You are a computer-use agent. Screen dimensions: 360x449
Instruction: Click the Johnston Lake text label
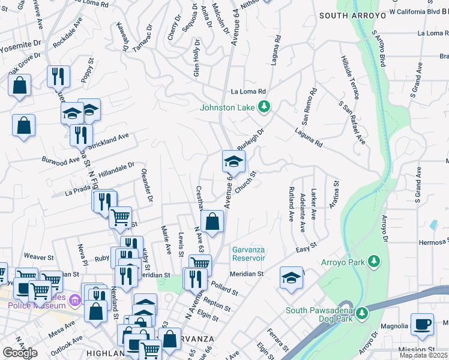(228, 108)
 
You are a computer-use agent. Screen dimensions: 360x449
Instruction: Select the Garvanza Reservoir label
(249, 254)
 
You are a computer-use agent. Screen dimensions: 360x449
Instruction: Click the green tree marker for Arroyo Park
(374, 261)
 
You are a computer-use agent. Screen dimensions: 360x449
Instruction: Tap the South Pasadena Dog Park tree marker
(361, 313)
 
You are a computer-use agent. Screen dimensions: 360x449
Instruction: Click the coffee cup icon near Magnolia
(422, 323)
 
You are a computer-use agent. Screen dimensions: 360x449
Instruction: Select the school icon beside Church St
(234, 161)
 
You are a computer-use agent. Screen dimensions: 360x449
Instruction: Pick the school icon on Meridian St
(291, 278)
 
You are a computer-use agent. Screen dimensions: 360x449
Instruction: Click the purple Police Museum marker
(75, 299)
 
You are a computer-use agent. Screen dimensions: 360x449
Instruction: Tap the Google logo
(20, 353)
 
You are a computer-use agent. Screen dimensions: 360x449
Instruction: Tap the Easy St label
(306, 249)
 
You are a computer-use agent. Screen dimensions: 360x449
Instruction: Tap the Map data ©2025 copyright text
(423, 355)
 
